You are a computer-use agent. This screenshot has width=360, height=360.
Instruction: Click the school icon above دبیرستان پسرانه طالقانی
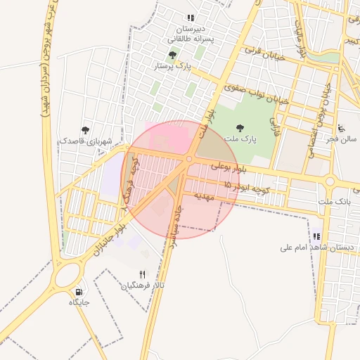190,18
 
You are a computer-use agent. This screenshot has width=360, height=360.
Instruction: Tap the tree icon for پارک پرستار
172,55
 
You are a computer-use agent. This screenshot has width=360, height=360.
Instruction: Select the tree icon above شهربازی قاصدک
85,129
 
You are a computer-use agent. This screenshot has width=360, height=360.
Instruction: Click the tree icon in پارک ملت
240,128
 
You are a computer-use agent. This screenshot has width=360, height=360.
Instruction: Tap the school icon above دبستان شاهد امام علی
316,237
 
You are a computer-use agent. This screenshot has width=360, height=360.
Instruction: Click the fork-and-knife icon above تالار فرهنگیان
143,275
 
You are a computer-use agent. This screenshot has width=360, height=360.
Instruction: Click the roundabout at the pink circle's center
188,160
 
